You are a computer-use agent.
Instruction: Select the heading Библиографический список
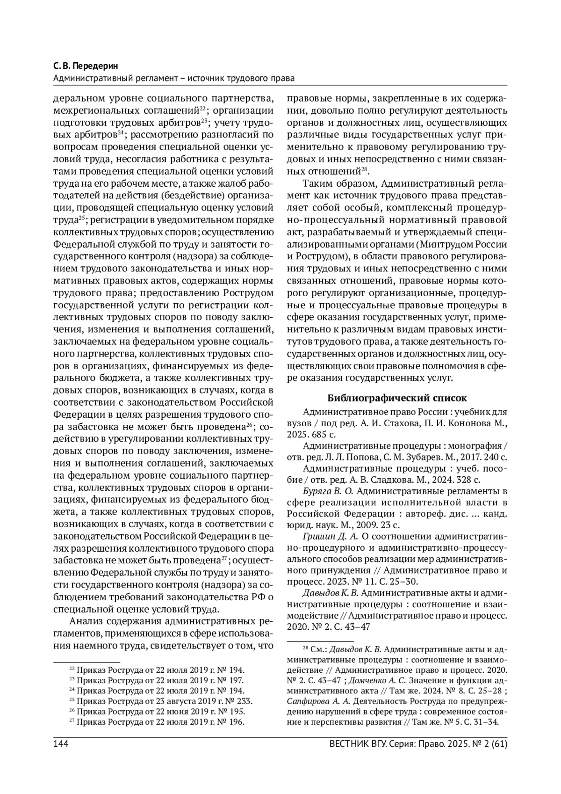tap(396, 398)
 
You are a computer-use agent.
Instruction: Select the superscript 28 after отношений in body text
tap(365, 169)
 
